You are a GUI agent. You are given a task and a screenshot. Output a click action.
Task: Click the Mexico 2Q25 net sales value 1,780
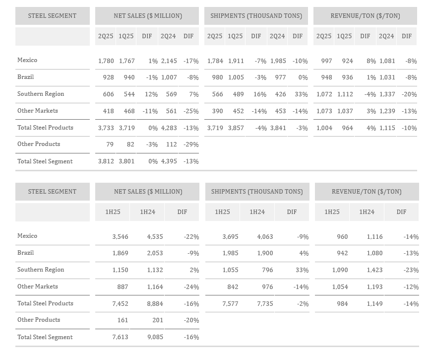click(x=106, y=61)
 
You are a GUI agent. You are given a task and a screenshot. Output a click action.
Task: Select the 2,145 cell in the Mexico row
click(x=169, y=61)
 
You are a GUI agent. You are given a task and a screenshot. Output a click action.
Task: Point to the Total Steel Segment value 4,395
click(x=169, y=161)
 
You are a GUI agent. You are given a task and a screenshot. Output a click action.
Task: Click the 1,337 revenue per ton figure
click(x=387, y=94)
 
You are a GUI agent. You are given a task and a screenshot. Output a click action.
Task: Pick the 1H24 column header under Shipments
click(x=257, y=212)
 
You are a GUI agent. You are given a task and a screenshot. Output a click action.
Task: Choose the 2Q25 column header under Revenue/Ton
click(x=324, y=36)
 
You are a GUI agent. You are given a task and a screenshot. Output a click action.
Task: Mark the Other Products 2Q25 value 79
click(x=110, y=144)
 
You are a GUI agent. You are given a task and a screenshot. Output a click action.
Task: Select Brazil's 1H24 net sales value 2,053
click(x=155, y=253)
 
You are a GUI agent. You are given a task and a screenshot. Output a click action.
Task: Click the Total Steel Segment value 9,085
click(x=155, y=337)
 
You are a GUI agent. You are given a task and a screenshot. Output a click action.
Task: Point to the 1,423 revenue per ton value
click(x=374, y=270)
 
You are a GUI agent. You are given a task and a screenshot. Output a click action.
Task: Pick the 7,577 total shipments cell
click(x=230, y=304)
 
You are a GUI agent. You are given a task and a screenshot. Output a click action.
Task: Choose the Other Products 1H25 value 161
click(x=123, y=320)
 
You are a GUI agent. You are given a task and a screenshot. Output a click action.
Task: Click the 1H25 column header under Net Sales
click(x=113, y=212)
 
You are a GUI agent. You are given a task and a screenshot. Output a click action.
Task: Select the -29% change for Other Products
click(x=191, y=144)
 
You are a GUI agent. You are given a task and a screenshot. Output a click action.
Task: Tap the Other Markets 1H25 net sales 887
click(x=123, y=287)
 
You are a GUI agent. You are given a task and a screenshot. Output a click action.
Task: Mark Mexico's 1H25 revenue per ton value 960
click(x=342, y=237)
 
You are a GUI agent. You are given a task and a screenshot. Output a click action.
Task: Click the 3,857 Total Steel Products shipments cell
click(x=236, y=128)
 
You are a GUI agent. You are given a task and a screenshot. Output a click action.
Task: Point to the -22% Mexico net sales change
click(x=191, y=237)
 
